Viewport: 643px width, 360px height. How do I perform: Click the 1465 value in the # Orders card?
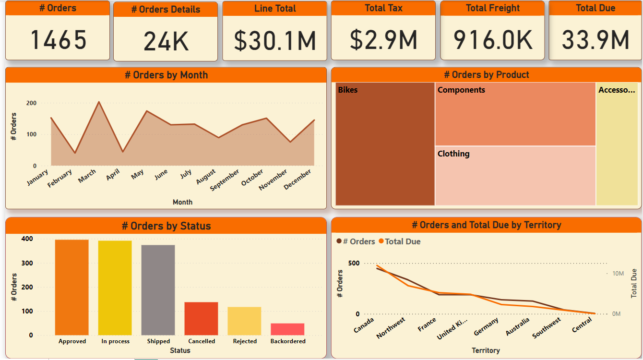click(59, 40)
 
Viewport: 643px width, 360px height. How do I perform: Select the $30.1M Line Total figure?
click(275, 40)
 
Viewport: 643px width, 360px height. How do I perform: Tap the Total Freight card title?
click(492, 8)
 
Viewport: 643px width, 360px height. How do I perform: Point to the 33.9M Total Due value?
click(595, 40)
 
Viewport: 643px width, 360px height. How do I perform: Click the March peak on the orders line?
click(98, 102)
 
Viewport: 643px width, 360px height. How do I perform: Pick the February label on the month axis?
click(60, 178)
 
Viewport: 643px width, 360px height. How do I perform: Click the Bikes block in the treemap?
click(385, 144)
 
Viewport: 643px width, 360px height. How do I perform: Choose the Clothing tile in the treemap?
click(515, 176)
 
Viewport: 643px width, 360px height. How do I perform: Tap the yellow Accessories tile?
click(617, 144)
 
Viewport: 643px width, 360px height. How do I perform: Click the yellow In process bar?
click(115, 288)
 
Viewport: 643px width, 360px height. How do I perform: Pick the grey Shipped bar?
click(158, 290)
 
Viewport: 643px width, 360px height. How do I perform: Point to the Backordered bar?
click(287, 329)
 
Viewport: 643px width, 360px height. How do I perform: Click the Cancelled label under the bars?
click(202, 341)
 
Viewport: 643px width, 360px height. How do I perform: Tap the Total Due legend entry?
click(402, 241)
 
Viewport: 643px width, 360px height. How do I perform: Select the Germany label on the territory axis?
click(486, 326)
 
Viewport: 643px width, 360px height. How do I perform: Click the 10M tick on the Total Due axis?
click(618, 274)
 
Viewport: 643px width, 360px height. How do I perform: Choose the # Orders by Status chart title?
click(166, 226)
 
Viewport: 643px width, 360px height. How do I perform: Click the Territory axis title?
click(486, 350)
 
